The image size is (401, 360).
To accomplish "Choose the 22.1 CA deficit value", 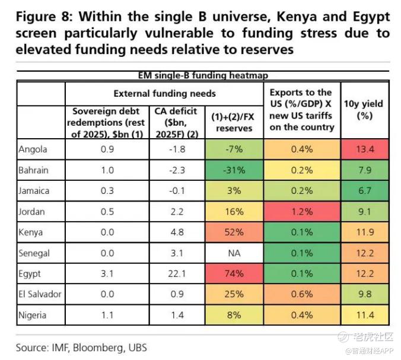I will click(x=177, y=273).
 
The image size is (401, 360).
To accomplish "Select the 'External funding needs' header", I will click(x=164, y=93).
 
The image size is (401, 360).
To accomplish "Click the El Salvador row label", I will click(x=40, y=294).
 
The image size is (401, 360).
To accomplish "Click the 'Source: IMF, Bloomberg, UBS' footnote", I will click(x=81, y=347).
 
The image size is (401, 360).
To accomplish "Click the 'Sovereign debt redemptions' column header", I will click(x=107, y=122).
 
